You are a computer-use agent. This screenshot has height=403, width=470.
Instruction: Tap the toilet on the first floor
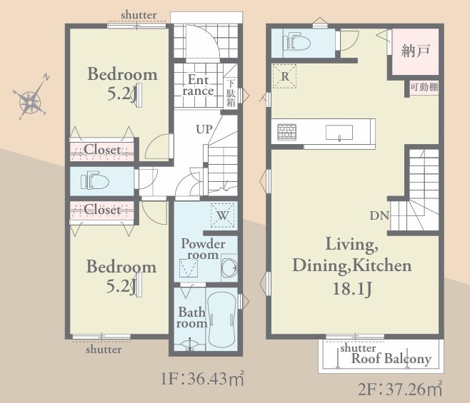[x=94, y=181]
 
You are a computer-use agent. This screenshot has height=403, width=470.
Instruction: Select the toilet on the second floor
[x=296, y=41]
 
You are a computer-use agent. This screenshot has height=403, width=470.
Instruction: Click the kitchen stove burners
[x=287, y=132]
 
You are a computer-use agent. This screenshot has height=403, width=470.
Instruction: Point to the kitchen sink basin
[x=339, y=133]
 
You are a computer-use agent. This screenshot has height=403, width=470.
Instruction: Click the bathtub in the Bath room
[x=221, y=320]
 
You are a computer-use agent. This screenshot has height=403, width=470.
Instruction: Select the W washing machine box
[x=222, y=215]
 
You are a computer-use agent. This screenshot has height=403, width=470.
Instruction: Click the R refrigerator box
[x=284, y=76]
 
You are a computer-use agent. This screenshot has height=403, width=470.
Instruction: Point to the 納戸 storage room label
[x=416, y=51]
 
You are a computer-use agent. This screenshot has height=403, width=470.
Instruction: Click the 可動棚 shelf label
[x=424, y=87]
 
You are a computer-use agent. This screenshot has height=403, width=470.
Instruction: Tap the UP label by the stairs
[x=204, y=129]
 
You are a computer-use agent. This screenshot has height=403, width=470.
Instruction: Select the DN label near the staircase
[x=379, y=215]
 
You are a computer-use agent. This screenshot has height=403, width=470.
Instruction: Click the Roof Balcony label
[x=391, y=358]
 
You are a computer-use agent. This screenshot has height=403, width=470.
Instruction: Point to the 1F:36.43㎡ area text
[x=202, y=379]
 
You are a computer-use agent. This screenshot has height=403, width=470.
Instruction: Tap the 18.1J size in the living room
[x=352, y=289]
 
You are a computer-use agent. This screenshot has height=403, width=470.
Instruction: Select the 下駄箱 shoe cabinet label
[x=231, y=93]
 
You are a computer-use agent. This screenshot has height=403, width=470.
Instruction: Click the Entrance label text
[x=198, y=85]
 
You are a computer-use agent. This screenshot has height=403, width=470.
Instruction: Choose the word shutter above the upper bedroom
[x=139, y=15]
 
